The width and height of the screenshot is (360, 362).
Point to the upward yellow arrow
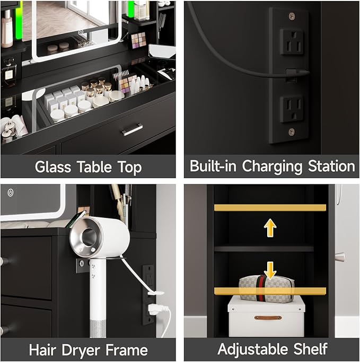coord(270,227)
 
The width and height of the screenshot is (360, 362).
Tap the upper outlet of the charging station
coord(292,41)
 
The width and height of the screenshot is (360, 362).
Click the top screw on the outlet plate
coord(292,16)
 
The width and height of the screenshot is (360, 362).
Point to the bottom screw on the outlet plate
coord(292,131)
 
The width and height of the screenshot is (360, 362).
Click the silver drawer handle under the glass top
coord(131,129)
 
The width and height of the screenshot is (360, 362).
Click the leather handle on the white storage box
coord(267,317)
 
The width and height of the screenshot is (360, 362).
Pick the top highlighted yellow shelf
coord(270,208)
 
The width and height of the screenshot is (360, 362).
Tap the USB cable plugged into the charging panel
coord(291,72)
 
